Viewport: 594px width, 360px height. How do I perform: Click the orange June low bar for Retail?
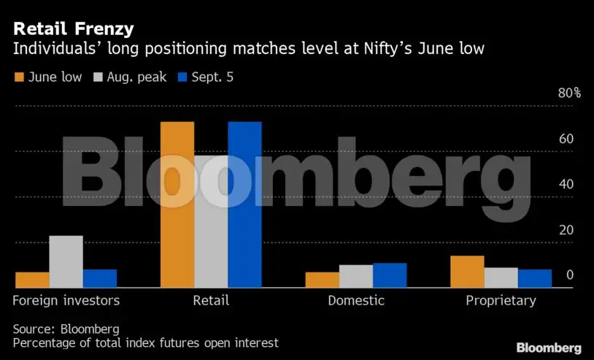point(177,204)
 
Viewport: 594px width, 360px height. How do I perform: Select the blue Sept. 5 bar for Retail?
point(244,204)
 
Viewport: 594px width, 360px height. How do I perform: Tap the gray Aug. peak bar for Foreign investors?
point(66,261)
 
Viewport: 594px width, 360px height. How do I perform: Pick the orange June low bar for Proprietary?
point(467,272)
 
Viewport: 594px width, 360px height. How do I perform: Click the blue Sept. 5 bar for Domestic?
point(390,275)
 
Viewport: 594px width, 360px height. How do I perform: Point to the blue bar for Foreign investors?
point(100,278)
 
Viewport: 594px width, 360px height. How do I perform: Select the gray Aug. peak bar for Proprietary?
point(501,277)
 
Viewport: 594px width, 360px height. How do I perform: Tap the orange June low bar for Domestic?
point(322,280)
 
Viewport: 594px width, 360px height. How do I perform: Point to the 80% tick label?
point(569,93)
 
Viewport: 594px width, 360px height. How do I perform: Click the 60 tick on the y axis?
point(566,139)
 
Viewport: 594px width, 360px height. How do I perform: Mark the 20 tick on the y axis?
point(566,230)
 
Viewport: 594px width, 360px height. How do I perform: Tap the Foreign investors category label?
point(66,300)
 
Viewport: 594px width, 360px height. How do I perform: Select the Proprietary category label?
point(501,300)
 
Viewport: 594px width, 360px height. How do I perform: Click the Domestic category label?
point(356,300)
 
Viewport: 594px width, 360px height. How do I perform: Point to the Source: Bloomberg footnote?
point(66,329)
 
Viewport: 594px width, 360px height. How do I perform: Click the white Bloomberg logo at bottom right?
point(549,348)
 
